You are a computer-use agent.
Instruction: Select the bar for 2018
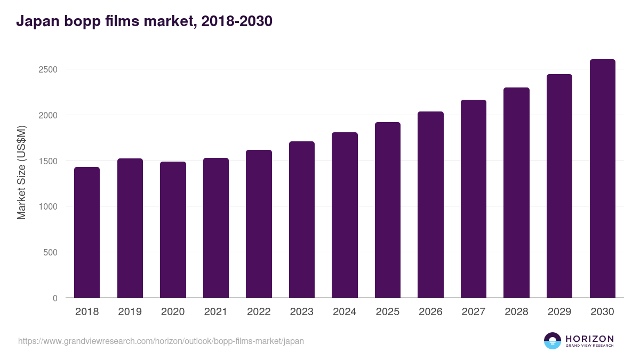click(x=87, y=233)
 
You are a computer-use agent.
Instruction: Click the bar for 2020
click(x=173, y=230)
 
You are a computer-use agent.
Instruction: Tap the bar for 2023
click(x=301, y=220)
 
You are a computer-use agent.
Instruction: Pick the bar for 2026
click(x=430, y=205)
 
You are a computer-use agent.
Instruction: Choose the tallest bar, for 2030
click(x=602, y=179)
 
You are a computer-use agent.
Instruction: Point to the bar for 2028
click(x=516, y=193)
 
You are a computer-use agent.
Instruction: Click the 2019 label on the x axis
click(x=130, y=312)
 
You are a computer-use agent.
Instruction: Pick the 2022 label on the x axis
click(x=259, y=312)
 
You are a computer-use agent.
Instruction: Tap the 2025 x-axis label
click(x=387, y=312)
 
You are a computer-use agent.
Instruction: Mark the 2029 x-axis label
click(x=559, y=312)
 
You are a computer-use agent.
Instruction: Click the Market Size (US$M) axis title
click(x=21, y=172)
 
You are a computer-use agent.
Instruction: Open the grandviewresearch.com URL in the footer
click(x=161, y=341)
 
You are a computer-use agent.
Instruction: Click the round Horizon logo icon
click(x=553, y=341)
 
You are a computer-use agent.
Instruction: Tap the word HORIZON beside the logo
click(x=589, y=338)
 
